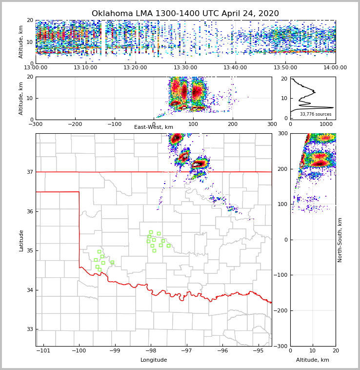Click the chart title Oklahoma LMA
tap(185, 14)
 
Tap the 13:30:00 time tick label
tap(185, 68)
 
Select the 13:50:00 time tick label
tap(285, 68)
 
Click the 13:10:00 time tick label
tap(85, 68)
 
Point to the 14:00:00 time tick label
tap(335, 68)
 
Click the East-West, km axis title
tap(154, 127)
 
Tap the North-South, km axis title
tap(340, 240)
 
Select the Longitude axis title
tap(154, 360)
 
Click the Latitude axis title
tap(21, 240)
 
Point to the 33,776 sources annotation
tap(316, 114)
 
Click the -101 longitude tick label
tap(43, 350)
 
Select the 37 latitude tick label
tap(29, 172)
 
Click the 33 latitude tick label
tap(29, 329)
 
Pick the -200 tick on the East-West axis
tap(75, 124)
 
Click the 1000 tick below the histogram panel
tap(326, 124)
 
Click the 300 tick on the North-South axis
tap(282, 133)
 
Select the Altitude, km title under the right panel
tap(313, 360)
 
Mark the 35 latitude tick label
tap(29, 250)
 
